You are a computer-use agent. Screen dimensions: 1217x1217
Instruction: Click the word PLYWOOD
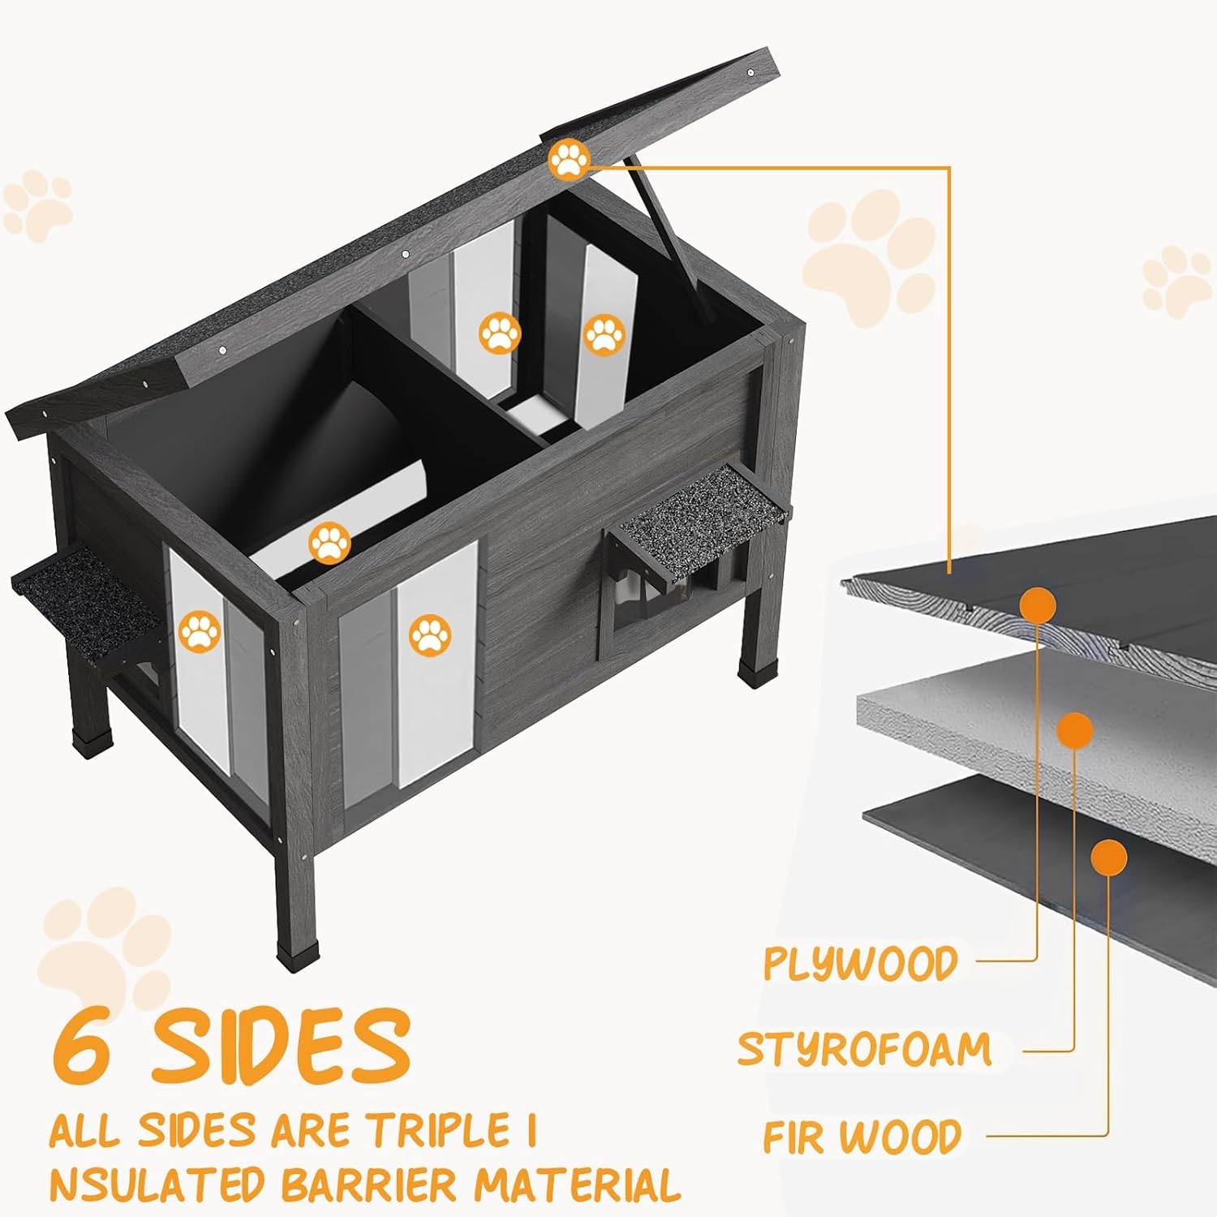click(x=861, y=963)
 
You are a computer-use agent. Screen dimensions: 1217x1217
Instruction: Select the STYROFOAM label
click(x=865, y=1049)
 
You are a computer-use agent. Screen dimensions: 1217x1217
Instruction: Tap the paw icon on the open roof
click(x=569, y=161)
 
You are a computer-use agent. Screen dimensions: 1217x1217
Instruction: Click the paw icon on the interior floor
click(x=329, y=543)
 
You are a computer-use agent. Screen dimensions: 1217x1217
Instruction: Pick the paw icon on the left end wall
click(x=200, y=633)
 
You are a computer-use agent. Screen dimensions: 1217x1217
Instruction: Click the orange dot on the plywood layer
click(x=1038, y=604)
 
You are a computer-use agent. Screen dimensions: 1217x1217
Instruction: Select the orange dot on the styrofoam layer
click(x=1076, y=730)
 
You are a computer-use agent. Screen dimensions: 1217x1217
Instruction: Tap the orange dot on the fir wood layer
click(x=1109, y=857)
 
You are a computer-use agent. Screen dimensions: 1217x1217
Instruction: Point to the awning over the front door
click(x=699, y=523)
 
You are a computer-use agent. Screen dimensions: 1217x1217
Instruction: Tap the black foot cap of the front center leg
click(x=290, y=953)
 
